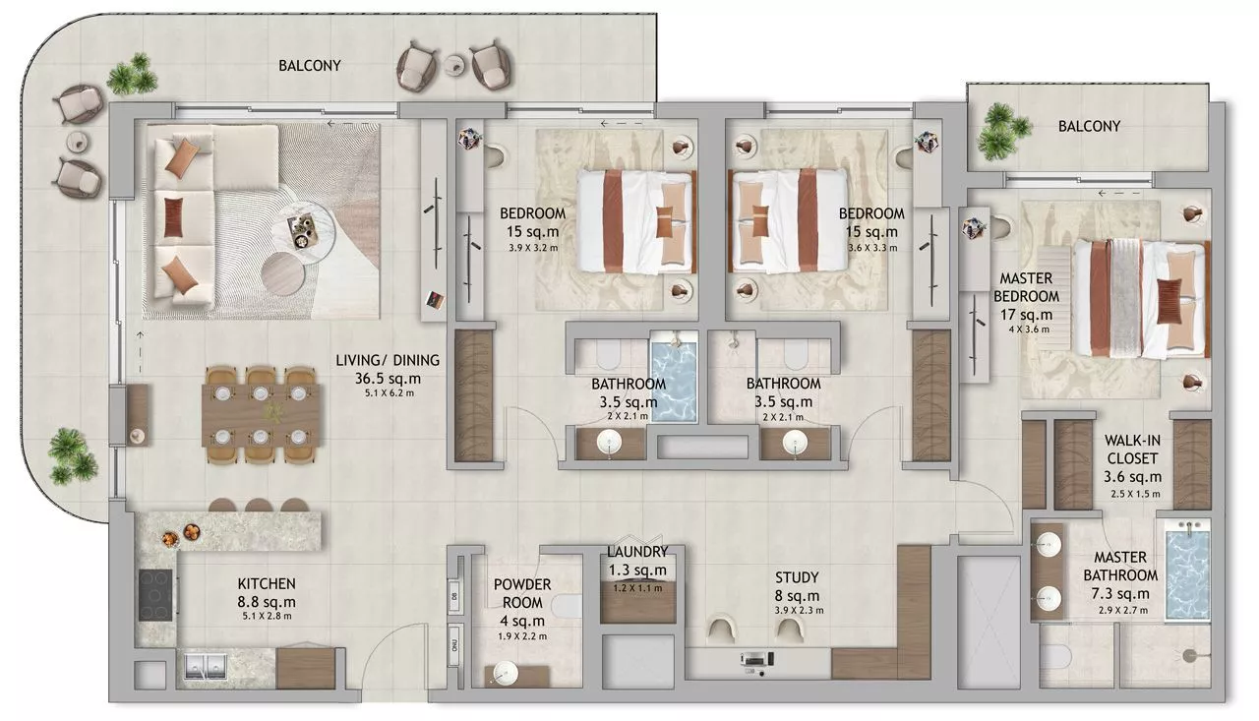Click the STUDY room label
(x=797, y=577)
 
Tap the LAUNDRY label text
(x=637, y=551)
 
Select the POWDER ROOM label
(x=522, y=593)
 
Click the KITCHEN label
(x=267, y=584)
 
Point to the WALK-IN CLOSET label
(x=1132, y=450)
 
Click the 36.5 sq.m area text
(x=388, y=379)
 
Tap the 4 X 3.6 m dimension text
(x=1029, y=330)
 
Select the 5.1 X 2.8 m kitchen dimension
(x=267, y=616)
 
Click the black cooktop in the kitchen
(x=155, y=595)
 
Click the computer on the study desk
(x=756, y=660)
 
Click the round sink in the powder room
(x=505, y=673)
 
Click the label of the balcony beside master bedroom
(x=1089, y=127)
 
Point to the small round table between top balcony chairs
(x=455, y=64)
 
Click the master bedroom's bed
(x=1142, y=300)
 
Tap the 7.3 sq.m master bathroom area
(x=1119, y=594)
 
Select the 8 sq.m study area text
(x=797, y=596)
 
